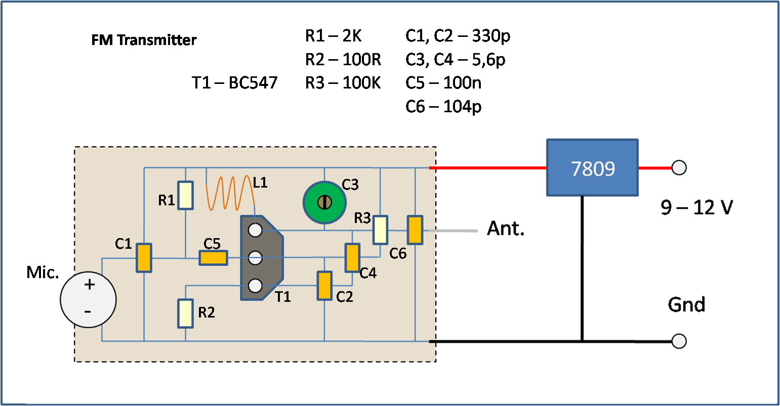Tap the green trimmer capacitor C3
point(324,202)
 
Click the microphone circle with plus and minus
point(88,299)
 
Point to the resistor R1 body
point(186,195)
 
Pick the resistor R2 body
point(185,313)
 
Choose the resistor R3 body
point(381,230)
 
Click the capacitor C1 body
point(144,258)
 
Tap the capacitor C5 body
point(213,258)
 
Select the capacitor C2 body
point(324,286)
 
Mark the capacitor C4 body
point(352,257)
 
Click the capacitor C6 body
point(415,230)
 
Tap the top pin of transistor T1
point(255,230)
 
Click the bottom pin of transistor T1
point(255,286)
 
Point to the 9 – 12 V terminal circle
point(678,167)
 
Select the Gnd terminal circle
point(678,341)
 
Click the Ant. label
point(506,229)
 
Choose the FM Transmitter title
point(144,40)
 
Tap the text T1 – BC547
point(235,83)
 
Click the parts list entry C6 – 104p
point(443,107)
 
